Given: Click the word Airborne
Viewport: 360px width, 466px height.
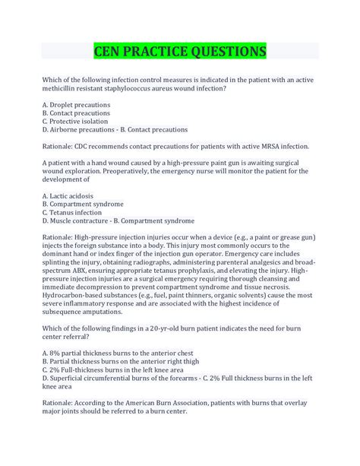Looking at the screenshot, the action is pyautogui.click(x=68, y=129).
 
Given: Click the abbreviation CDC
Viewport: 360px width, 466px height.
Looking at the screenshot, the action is pyautogui.click(x=88, y=146).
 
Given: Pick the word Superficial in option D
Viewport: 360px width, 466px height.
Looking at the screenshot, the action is pyautogui.click(x=72, y=379).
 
